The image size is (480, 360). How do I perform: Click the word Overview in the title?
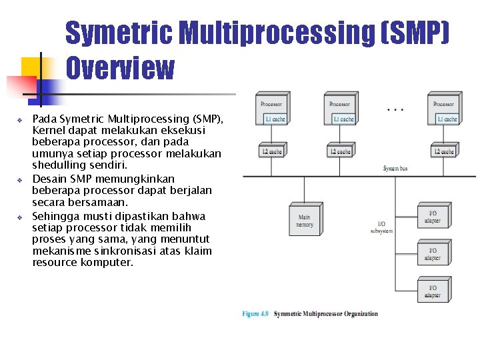click(x=120, y=68)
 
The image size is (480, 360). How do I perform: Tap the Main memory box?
click(x=304, y=220)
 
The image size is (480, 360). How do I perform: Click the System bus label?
click(x=395, y=169)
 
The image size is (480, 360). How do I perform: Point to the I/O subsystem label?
click(x=381, y=227)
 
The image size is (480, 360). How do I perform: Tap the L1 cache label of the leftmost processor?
click(x=275, y=119)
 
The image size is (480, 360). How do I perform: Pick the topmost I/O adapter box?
click(x=433, y=216)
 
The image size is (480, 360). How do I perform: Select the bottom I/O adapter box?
click(x=433, y=291)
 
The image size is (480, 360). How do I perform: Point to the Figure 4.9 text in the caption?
click(x=255, y=313)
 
